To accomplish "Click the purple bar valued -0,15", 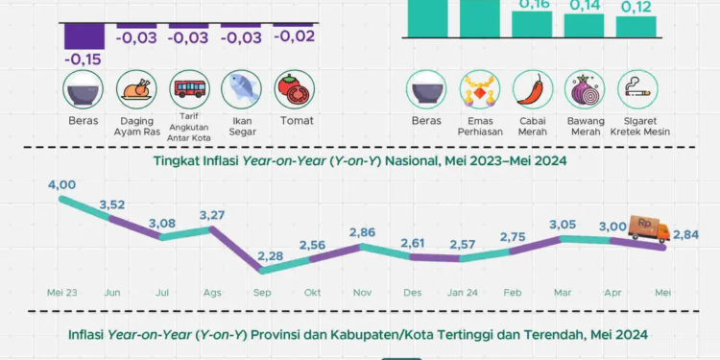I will click(x=84, y=36).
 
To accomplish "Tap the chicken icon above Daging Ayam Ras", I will click(x=135, y=90).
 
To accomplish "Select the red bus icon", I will click(x=188, y=90).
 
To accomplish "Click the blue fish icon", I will click(x=241, y=90).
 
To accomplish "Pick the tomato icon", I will click(x=294, y=90).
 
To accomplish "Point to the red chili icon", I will click(x=533, y=90).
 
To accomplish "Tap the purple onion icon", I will click(x=586, y=90).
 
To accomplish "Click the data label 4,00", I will click(x=60, y=184).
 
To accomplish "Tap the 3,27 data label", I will click(x=212, y=215).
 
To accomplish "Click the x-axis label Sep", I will click(x=259, y=291).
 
